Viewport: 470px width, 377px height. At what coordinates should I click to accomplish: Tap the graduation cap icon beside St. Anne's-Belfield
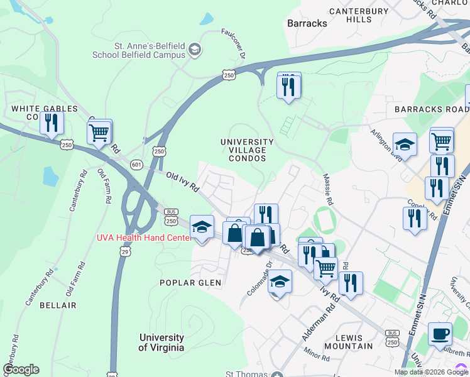195,49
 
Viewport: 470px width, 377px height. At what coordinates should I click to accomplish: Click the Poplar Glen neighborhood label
190,283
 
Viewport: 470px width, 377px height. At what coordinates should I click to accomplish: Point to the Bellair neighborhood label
58,305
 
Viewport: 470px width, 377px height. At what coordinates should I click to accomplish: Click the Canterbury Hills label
359,15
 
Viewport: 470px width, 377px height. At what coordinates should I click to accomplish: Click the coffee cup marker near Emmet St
440,334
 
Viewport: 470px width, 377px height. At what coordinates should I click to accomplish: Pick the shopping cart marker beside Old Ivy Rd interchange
99,133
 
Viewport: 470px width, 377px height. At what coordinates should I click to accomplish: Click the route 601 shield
136,164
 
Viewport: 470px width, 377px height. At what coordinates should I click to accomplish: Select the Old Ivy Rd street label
182,182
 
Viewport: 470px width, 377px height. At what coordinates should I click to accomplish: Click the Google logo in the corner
21,369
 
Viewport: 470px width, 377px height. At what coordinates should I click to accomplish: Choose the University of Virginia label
161,342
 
